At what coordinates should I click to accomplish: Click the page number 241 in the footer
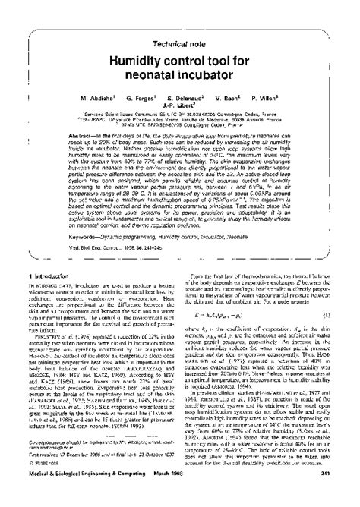pos(334,496)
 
